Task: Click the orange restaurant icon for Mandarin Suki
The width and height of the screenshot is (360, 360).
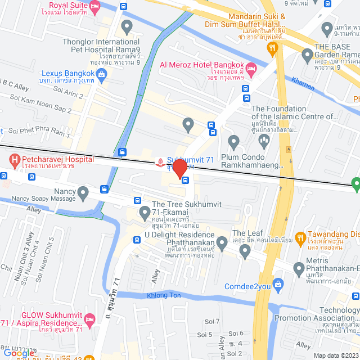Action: coord(273,49)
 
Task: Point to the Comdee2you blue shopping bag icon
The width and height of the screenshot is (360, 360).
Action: coord(276,283)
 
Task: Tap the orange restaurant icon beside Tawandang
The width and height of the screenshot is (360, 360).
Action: coord(301,238)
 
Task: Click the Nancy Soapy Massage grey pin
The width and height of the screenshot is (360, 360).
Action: coord(83,194)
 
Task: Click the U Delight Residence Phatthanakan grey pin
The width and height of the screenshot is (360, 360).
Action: coord(222,242)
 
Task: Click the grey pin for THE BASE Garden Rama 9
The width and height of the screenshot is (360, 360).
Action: coord(307,55)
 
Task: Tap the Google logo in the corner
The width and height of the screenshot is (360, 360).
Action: coord(18,354)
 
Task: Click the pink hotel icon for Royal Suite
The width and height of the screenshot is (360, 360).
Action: coord(94,7)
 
